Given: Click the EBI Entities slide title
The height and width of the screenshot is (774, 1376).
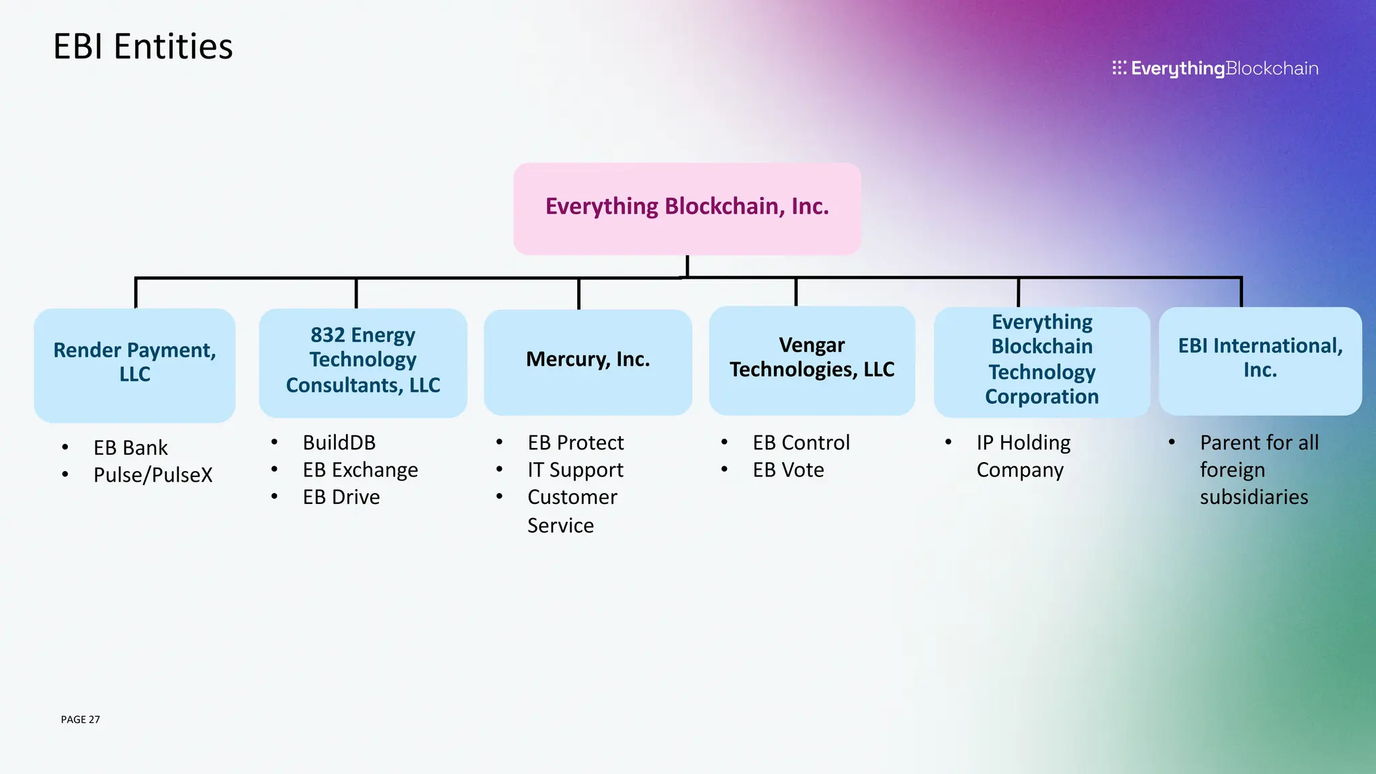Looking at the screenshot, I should click(x=142, y=47).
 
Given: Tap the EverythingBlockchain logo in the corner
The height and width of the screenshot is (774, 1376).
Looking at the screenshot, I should click(x=1215, y=69).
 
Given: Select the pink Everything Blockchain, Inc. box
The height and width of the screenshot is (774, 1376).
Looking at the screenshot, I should click(x=687, y=208).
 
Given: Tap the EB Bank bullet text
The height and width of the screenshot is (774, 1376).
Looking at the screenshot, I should click(x=130, y=448).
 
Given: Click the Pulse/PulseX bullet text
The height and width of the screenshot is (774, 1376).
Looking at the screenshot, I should click(x=153, y=475).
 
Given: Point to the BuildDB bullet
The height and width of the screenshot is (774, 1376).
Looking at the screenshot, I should click(x=339, y=443).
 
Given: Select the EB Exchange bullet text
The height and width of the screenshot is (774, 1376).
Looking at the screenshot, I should click(x=360, y=470).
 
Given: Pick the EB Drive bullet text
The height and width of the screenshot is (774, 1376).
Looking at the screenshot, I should click(x=341, y=497).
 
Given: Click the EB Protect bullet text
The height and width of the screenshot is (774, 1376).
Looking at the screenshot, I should click(x=575, y=443).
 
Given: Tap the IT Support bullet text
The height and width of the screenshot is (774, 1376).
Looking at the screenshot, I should click(x=575, y=470).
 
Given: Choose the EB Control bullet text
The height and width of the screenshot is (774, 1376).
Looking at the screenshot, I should click(x=801, y=443).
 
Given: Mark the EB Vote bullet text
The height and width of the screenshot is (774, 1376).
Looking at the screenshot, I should click(x=788, y=470).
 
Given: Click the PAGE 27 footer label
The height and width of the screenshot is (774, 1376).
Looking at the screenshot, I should click(x=80, y=720).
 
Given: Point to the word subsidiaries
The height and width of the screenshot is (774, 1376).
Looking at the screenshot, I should click(x=1254, y=497).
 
